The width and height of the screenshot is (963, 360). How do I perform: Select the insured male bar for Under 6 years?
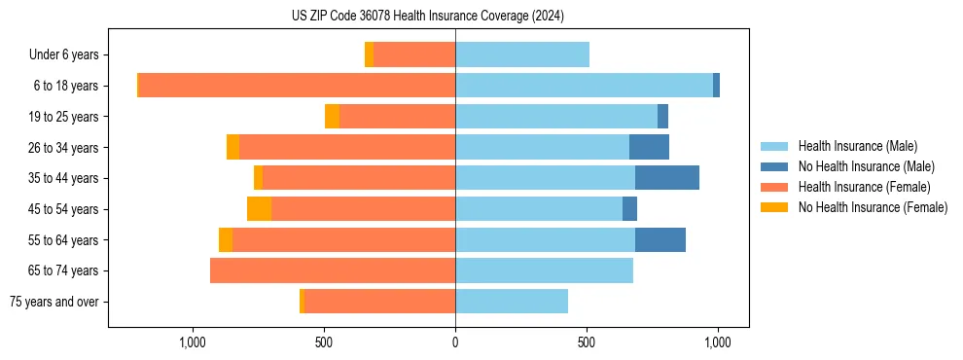pyautogui.click(x=522, y=54)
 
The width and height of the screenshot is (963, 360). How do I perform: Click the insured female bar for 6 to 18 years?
pyautogui.click(x=297, y=86)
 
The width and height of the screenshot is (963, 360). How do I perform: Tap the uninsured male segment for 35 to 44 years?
pyautogui.click(x=667, y=178)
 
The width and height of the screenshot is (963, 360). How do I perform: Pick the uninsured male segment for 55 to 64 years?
pyautogui.click(x=660, y=239)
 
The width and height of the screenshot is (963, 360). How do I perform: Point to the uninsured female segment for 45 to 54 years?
pyautogui.click(x=259, y=209)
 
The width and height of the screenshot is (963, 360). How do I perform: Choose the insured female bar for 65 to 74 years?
pyautogui.click(x=333, y=270)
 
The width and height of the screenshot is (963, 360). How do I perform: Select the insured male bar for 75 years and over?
pyautogui.click(x=512, y=302)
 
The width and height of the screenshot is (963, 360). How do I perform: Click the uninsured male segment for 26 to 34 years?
pyautogui.click(x=649, y=147)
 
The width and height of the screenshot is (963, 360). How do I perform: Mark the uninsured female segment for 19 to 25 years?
pyautogui.click(x=332, y=117)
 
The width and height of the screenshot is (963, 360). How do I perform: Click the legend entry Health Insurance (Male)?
pyautogui.click(x=857, y=146)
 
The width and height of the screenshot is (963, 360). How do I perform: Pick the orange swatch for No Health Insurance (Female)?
pyautogui.click(x=774, y=207)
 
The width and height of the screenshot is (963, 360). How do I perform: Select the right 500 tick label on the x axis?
pyautogui.click(x=587, y=342)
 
